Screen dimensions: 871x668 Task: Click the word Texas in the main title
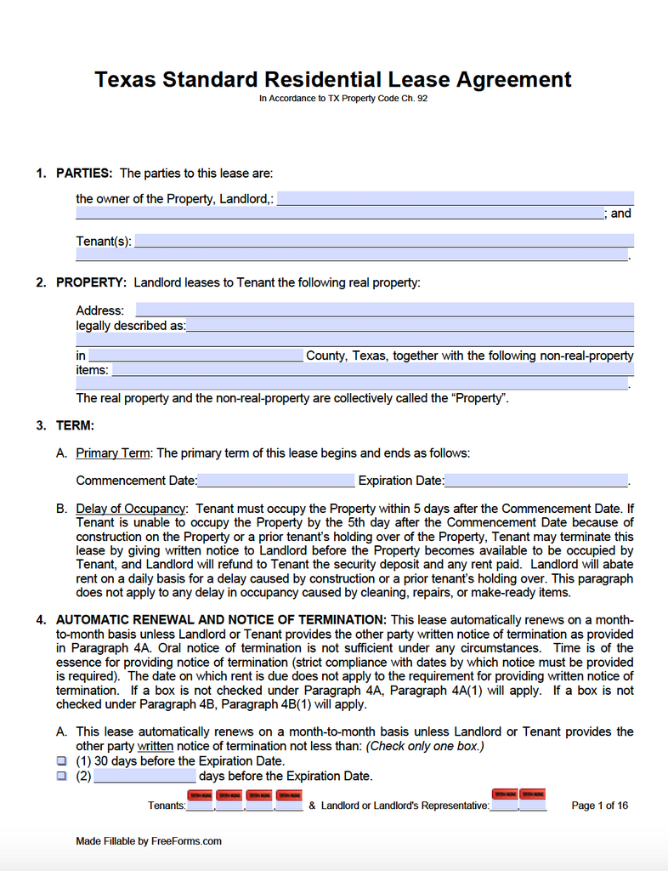coord(125,80)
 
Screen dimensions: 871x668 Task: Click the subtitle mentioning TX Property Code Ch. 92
coord(348,99)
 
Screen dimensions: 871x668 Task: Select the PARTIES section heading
coord(83,174)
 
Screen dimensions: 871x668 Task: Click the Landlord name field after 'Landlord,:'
coord(455,199)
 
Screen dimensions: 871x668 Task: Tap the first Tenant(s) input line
coord(384,241)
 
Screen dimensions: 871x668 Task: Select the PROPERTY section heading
coord(91,282)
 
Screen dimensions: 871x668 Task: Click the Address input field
coord(384,310)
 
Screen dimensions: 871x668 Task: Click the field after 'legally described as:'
coord(410,325)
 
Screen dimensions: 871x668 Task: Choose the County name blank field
coord(195,356)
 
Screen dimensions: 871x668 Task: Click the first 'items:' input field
coord(372,370)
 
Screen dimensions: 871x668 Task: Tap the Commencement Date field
coord(275,481)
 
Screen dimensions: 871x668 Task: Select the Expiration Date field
coord(535,481)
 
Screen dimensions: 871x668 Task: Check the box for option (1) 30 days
coord(61,761)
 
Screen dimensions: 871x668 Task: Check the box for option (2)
coord(61,776)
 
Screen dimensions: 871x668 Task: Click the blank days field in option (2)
coord(144,776)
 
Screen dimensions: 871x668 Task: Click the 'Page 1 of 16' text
coord(599,806)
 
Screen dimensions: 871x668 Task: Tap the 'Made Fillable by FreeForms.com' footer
coord(149,841)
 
